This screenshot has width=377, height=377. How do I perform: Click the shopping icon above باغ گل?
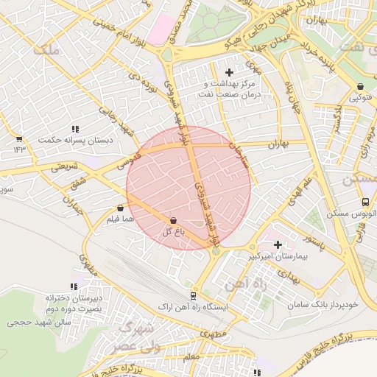173,220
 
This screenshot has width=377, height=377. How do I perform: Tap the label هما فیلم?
121,219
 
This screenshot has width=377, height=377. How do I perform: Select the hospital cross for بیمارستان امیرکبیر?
278,244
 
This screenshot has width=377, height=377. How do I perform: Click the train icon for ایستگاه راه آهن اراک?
193,295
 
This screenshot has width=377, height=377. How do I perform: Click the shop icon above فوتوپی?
359,86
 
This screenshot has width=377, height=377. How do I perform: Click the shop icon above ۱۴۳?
18,139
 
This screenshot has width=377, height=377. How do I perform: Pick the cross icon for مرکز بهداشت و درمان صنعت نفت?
229,72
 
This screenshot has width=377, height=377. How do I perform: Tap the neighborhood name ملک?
46,50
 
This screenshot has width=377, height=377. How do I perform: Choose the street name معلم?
191,356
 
